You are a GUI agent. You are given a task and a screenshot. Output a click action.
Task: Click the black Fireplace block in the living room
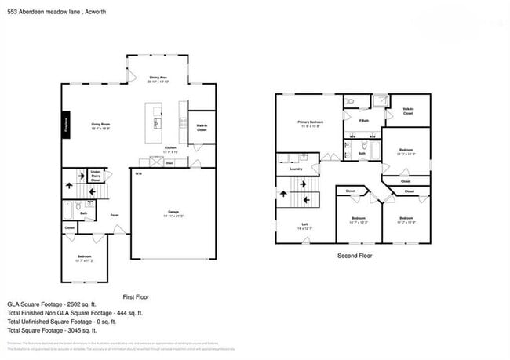(66, 125)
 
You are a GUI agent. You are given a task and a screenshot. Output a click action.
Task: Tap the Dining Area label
(158, 78)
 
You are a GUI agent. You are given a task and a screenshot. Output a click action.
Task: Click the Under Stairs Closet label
(95, 176)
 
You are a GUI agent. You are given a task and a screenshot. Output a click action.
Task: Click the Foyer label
(115, 214)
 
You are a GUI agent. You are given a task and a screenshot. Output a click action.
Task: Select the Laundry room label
(296, 169)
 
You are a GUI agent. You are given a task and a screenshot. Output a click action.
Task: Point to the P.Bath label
(364, 120)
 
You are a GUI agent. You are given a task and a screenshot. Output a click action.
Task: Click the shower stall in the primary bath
(381, 101)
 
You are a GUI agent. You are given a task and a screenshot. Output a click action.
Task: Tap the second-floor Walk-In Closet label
(407, 111)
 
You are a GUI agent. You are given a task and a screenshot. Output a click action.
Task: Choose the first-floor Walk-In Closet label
(202, 128)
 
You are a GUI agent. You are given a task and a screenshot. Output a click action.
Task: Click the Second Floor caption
(354, 256)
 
